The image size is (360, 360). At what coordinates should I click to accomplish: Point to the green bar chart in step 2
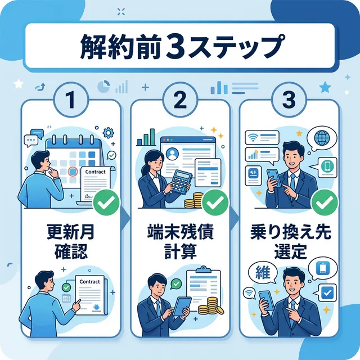coord(148,137)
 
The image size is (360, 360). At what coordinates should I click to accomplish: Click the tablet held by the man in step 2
coord(182,305)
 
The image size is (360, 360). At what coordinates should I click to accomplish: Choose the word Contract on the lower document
coord(89,282)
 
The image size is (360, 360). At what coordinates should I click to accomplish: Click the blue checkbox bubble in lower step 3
coord(326,292)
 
